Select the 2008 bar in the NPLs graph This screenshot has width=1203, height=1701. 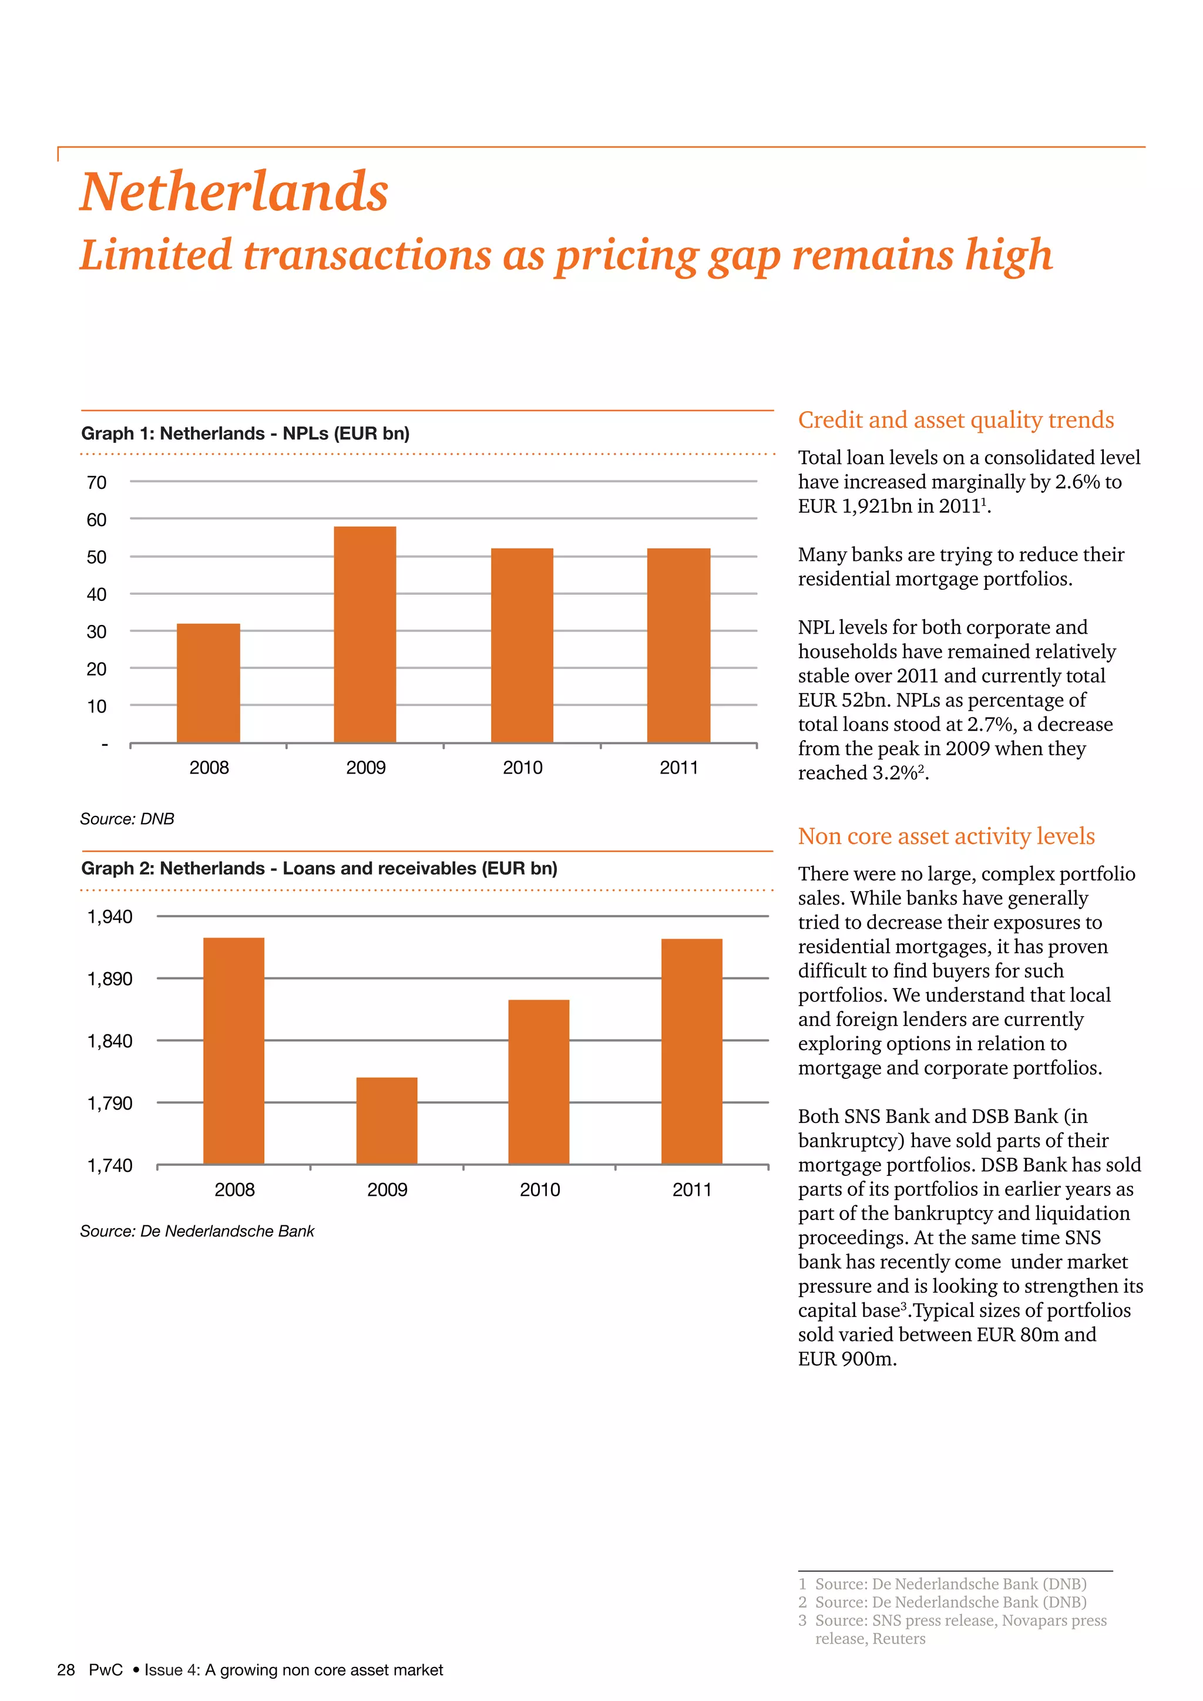point(208,683)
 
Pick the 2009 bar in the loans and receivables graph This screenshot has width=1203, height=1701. point(387,1120)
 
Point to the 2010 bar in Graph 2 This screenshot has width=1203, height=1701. point(539,1082)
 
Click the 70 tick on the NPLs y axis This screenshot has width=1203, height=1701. point(96,483)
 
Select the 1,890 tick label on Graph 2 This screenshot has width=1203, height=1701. point(110,979)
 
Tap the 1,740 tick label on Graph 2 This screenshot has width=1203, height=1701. point(110,1166)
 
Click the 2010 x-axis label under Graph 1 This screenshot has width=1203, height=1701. point(522,768)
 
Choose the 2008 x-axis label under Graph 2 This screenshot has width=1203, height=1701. point(234,1190)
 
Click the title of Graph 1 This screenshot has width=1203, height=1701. point(245,433)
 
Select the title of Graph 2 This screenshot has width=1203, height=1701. point(320,868)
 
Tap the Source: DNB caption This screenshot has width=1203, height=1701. point(127,819)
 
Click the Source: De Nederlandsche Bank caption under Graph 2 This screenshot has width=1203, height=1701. point(197,1231)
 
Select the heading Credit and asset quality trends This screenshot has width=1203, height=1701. point(956,420)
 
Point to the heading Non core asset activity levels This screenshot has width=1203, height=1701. point(946,836)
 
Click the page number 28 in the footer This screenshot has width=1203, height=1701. point(66,1669)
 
